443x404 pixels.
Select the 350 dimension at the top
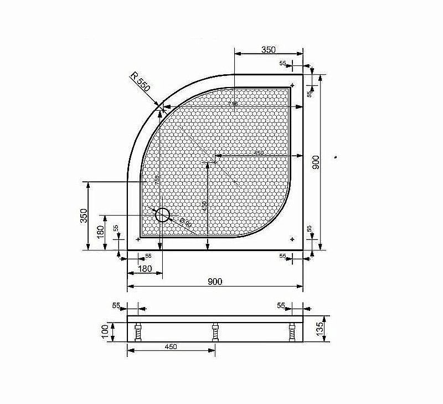click(x=268, y=50)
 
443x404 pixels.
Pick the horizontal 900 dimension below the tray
click(x=215, y=282)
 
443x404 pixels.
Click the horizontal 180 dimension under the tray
click(x=144, y=269)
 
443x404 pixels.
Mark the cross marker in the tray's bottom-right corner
click(x=292, y=239)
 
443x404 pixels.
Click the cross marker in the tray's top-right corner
click(x=292, y=85)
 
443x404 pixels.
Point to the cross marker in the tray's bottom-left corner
click(x=137, y=239)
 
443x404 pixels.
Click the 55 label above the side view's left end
click(x=116, y=305)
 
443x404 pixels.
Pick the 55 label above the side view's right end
click(x=281, y=305)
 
